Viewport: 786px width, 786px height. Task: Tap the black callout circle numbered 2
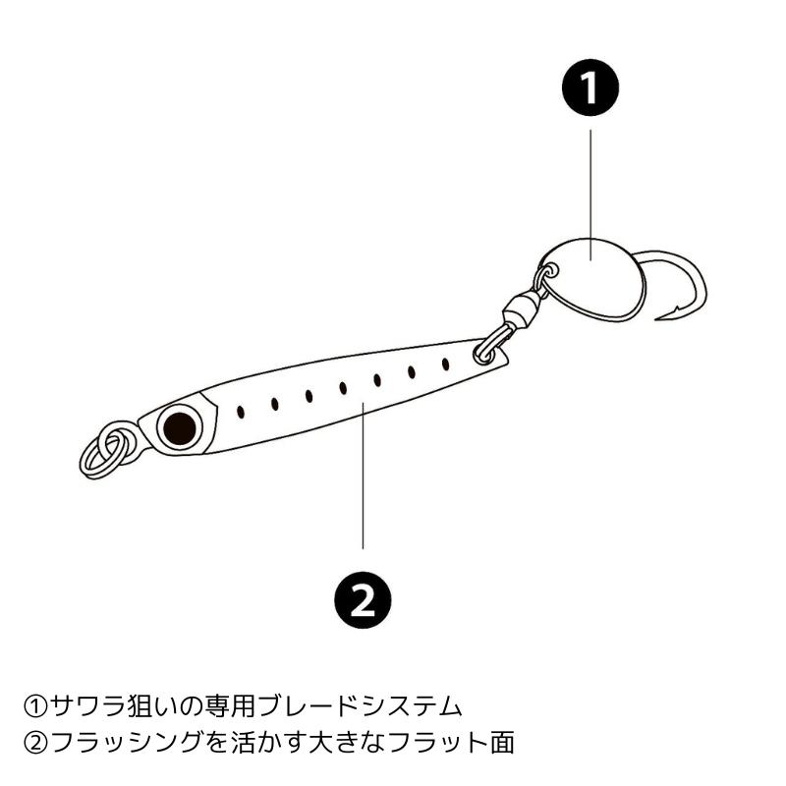point(364,596)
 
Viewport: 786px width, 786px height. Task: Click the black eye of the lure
point(179,425)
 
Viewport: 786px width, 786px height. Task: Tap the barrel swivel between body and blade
point(518,313)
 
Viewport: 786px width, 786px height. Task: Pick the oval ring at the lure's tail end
point(488,348)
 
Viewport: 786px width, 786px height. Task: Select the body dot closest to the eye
point(241,412)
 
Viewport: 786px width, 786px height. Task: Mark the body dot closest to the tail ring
point(445,365)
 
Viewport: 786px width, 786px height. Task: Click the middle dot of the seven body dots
point(343,388)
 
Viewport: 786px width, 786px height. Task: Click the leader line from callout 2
point(364,481)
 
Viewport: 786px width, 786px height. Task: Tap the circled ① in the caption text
point(35,705)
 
